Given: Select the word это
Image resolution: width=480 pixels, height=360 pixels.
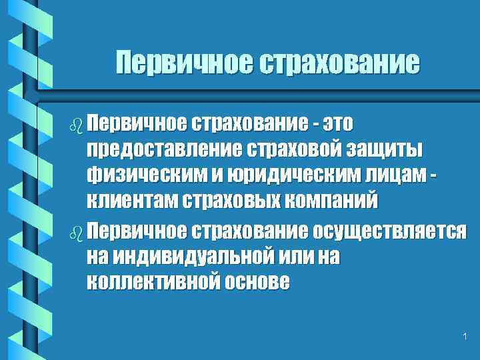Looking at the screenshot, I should click(337, 123).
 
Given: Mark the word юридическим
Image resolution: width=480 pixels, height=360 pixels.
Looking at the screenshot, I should click(262, 176).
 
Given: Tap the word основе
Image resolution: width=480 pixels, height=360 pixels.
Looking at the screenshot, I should click(257, 283).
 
